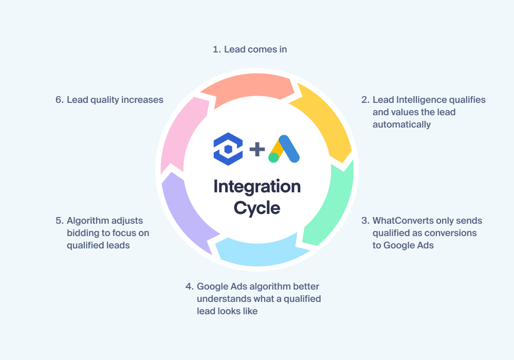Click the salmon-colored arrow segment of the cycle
pos(249,86)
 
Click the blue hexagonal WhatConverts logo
pos(228,149)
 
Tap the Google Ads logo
pos(284,149)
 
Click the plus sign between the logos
pos(258,149)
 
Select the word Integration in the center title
pos(257,187)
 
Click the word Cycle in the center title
pos(257,208)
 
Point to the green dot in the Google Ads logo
pos(273,157)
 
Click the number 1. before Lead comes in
pos(217,49)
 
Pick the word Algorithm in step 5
pos(89,221)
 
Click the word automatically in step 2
pos(401,125)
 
